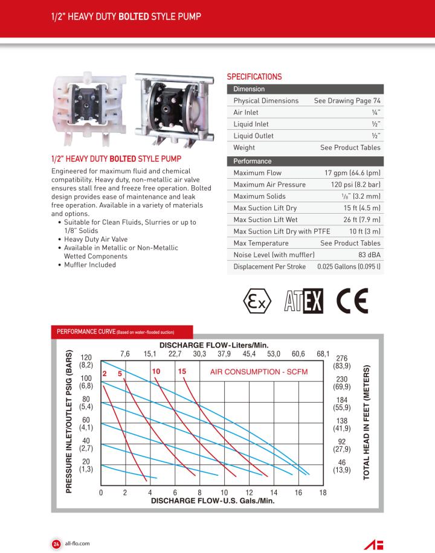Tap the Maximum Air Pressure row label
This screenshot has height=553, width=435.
269,185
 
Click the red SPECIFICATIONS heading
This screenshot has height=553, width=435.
254,77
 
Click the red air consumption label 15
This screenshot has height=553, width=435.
182,371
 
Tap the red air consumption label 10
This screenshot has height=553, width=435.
156,371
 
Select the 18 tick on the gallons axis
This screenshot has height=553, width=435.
323,493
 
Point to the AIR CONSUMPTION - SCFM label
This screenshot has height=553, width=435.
259,371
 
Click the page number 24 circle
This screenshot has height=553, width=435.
56,543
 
